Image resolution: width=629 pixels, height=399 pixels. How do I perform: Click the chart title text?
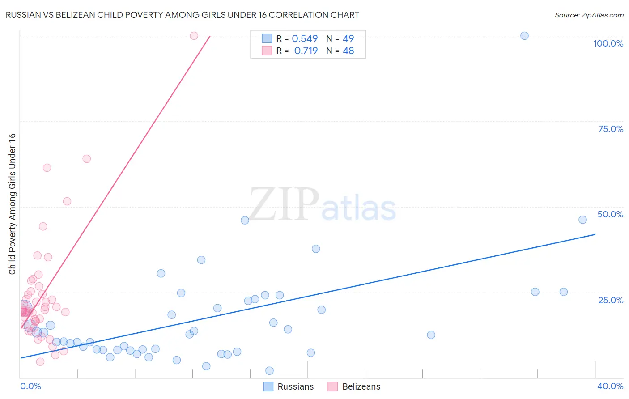click(x=182, y=15)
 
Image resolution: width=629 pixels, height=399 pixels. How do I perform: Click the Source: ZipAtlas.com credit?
click(x=589, y=15)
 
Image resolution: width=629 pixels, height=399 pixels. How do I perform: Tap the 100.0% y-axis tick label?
click(x=608, y=43)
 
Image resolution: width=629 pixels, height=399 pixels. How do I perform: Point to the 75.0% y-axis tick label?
click(x=611, y=129)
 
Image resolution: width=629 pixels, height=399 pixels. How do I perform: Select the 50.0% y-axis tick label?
click(x=610, y=214)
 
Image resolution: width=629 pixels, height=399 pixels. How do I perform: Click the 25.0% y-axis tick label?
click(x=611, y=300)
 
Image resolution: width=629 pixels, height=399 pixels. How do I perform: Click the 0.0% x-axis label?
click(x=30, y=386)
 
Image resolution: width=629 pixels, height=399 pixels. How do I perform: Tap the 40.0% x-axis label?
click(x=610, y=386)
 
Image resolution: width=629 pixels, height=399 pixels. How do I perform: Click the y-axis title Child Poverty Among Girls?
click(x=12, y=204)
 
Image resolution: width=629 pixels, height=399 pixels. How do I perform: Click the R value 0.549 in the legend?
click(x=305, y=39)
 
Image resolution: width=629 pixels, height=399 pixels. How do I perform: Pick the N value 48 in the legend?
click(x=348, y=51)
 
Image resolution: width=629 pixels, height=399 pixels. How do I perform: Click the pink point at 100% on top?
click(x=194, y=36)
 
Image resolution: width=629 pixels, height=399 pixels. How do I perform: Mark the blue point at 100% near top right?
click(x=524, y=36)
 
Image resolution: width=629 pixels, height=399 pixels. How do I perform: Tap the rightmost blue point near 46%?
click(x=582, y=220)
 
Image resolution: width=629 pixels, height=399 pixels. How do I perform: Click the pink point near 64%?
click(x=87, y=159)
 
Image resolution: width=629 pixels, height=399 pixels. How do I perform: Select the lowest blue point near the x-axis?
click(x=269, y=370)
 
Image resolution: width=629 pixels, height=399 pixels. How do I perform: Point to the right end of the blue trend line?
click(x=595, y=234)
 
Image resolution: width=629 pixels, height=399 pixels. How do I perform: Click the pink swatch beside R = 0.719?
click(x=267, y=51)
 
